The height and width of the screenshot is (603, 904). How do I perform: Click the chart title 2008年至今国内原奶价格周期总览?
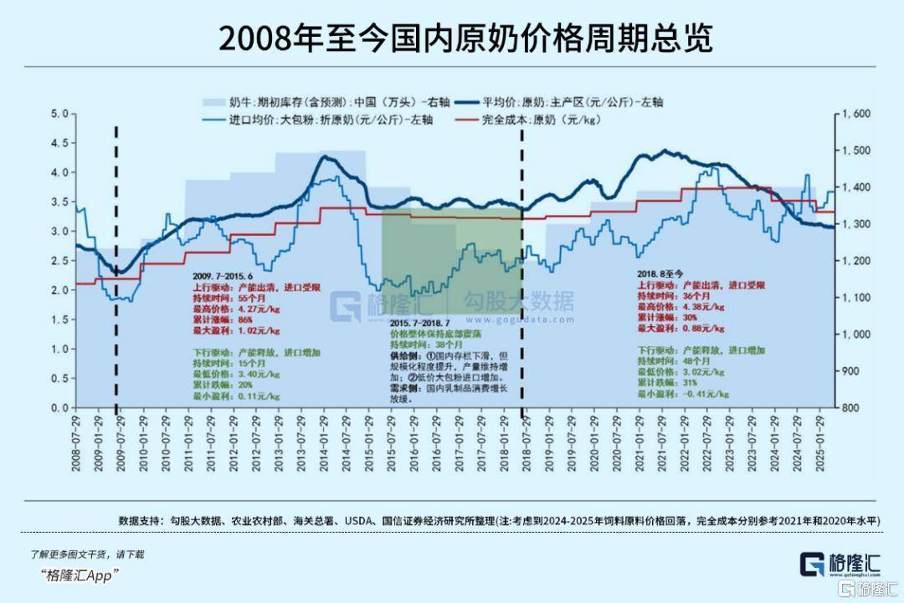(451, 37)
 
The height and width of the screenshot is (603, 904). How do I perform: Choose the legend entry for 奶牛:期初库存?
(326, 102)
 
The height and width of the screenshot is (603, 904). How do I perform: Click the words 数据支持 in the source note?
(136, 520)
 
